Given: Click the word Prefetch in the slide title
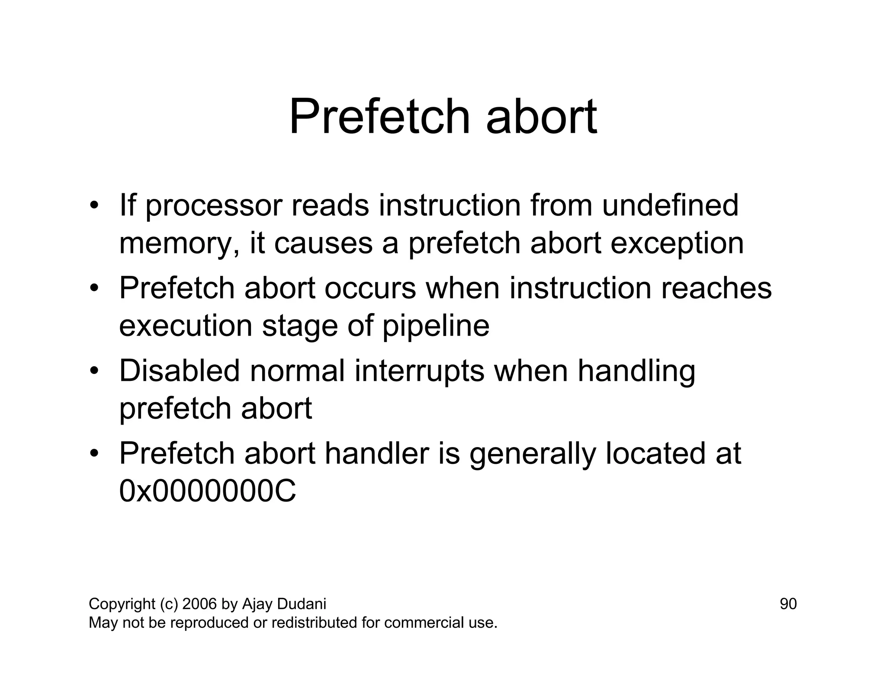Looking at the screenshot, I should (379, 117).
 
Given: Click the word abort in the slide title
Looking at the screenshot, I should (541, 117).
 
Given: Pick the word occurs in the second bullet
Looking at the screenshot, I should (370, 288).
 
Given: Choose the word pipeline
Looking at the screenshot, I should (436, 326).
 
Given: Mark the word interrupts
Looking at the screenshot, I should (419, 371).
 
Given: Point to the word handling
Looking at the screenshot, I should (636, 372).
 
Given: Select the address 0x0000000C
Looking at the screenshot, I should (208, 492).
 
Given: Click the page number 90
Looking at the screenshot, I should (788, 604).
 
